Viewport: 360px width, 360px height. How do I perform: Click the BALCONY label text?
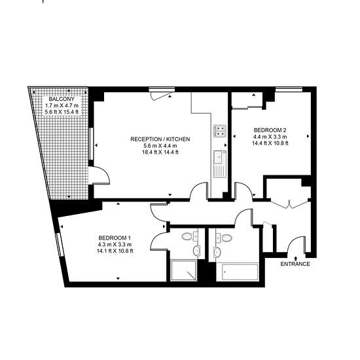coord(62,99)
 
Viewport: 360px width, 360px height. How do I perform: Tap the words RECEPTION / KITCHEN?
coord(160,139)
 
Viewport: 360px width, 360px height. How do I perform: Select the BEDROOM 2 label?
coord(270,130)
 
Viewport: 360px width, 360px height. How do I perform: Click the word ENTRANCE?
coord(295,264)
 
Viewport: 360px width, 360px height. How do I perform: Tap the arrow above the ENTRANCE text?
coord(295,259)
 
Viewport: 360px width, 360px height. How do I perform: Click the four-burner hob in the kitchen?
coord(220,131)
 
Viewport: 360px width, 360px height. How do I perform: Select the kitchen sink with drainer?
coord(220,164)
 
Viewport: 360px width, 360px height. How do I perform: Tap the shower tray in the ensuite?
coord(184,270)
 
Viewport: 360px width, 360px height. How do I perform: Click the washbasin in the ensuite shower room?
coord(196,251)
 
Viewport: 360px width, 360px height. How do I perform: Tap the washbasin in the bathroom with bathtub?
coord(217,252)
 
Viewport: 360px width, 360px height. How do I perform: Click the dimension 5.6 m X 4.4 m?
coord(160,145)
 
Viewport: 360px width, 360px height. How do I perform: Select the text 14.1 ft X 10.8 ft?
coord(115,251)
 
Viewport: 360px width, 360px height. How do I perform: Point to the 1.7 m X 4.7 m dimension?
coord(62,105)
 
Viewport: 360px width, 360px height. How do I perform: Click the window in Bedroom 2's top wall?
coord(289,89)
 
